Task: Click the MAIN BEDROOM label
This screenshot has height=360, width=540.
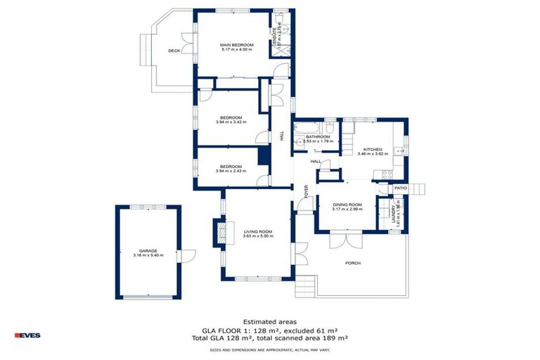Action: point(236,45)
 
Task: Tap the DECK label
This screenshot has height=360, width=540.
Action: point(174,51)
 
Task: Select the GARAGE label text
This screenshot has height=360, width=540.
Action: point(148,250)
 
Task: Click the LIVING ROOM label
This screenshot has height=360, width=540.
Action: point(257,231)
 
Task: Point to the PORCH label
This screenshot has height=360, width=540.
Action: point(352,263)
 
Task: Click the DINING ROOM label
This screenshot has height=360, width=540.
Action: point(347,204)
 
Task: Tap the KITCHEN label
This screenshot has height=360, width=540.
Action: point(372,149)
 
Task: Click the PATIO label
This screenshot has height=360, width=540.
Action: point(401,188)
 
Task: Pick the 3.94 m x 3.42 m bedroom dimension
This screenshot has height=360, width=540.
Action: point(231,122)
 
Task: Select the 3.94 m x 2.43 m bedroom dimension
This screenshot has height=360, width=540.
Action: point(231,171)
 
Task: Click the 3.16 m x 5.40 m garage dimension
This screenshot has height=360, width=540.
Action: point(148,255)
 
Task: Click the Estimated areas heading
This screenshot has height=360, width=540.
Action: point(269,321)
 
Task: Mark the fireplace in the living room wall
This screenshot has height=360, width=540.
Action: point(223,231)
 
